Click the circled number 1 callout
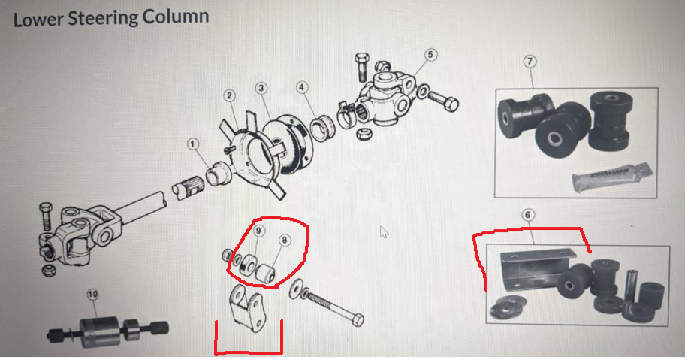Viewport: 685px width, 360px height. [193, 144]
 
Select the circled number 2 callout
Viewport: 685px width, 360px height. [230, 95]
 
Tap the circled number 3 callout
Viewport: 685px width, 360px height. [261, 88]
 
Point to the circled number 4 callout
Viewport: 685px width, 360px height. [301, 87]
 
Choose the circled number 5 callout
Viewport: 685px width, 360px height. [430, 55]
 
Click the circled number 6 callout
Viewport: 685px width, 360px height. [528, 215]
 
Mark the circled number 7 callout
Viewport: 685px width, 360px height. [530, 61]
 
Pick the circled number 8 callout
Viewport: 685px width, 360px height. [285, 240]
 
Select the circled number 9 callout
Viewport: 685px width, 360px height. [258, 231]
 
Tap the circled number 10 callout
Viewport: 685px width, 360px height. [92, 295]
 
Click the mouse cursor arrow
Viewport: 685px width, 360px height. [384, 232]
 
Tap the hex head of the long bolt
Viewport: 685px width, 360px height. [358, 320]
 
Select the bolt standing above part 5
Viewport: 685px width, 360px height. [362, 67]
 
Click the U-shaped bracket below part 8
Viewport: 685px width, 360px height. [246, 308]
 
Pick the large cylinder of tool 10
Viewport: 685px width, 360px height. [99, 331]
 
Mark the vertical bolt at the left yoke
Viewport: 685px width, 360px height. [47, 216]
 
